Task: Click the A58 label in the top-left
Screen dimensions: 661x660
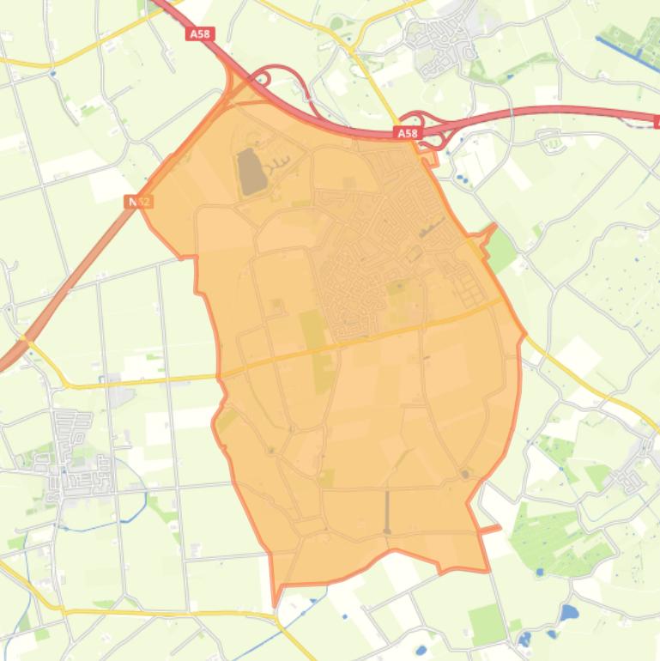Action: [x=199, y=33]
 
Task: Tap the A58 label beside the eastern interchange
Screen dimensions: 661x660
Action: [x=407, y=133]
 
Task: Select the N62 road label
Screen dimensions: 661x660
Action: [x=139, y=201]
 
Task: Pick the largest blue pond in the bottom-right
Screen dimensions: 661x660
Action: [x=568, y=613]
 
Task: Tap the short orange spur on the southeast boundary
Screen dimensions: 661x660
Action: [x=489, y=529]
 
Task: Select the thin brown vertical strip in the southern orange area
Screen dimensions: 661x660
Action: [x=387, y=512]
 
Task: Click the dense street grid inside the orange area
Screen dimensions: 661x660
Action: [x=360, y=258]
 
